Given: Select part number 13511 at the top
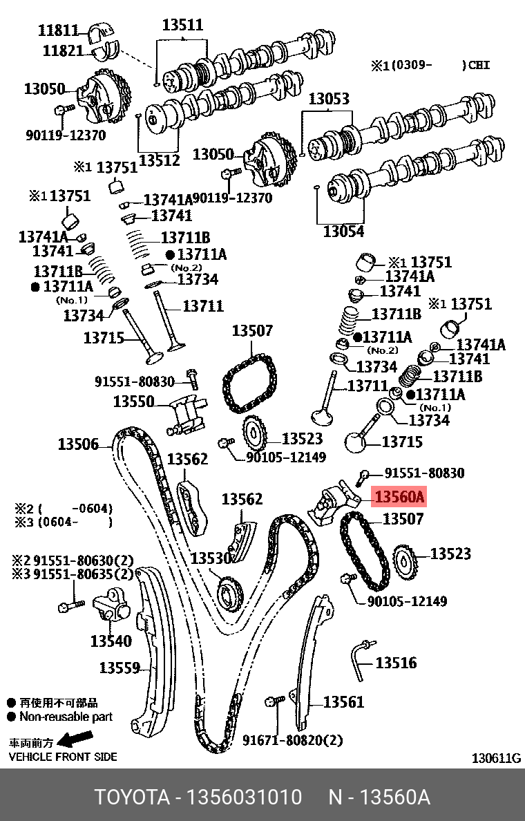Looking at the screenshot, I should coord(182,26).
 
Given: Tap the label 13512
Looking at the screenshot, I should coord(160,160).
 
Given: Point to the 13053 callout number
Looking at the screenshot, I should coord(328,99).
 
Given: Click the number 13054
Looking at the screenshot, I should coord(343,232).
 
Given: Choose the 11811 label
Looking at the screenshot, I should coord(59,30).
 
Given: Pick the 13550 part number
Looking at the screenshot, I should coord(133,402).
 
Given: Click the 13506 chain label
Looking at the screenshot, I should coord(78,444).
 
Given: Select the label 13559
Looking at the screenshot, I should coord(120,668).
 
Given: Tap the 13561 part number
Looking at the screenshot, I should coord(343,702).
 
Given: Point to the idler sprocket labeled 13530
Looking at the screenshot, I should coord(230,593).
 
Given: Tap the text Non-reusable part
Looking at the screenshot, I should coord(66,717).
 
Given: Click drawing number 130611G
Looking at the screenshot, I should coord(496,758).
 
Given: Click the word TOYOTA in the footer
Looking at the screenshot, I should coord(132,798).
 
